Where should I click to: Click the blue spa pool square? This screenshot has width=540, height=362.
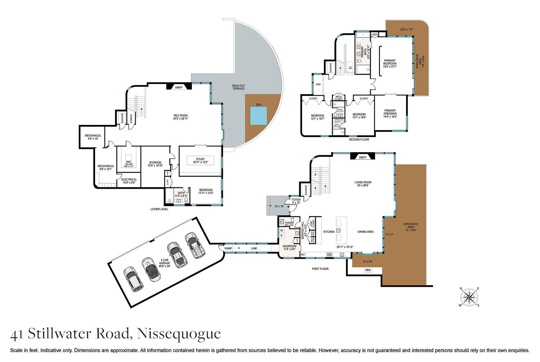pos(258,116)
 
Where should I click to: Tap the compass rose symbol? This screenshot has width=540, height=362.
pos(469,297)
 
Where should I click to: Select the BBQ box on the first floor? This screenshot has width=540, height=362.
pos(368,270)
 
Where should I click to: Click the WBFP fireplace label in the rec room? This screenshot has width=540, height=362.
pos(179,87)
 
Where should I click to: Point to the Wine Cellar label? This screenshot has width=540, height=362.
pos(129,163)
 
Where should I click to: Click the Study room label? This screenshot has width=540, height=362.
pos(200,161)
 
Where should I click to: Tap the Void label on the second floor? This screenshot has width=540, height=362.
pos(318,84)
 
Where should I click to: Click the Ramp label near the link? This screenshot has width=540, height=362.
pos(228,248)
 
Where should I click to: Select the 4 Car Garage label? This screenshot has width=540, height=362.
pos(165,263)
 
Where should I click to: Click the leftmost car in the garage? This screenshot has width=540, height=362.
pos(133,279)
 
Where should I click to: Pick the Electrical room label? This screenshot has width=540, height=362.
pos(129,181)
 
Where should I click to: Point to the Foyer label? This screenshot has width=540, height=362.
pos(296,201)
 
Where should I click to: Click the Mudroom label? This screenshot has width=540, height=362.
pos(289,247)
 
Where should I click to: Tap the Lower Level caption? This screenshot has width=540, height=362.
pos(159,209)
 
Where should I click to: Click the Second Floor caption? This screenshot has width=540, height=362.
pos(359,139)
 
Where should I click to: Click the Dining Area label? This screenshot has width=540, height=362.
pos(366,232)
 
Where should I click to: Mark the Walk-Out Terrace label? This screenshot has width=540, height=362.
pos(238,87)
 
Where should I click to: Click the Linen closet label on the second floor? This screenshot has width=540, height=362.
pos(374,35)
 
